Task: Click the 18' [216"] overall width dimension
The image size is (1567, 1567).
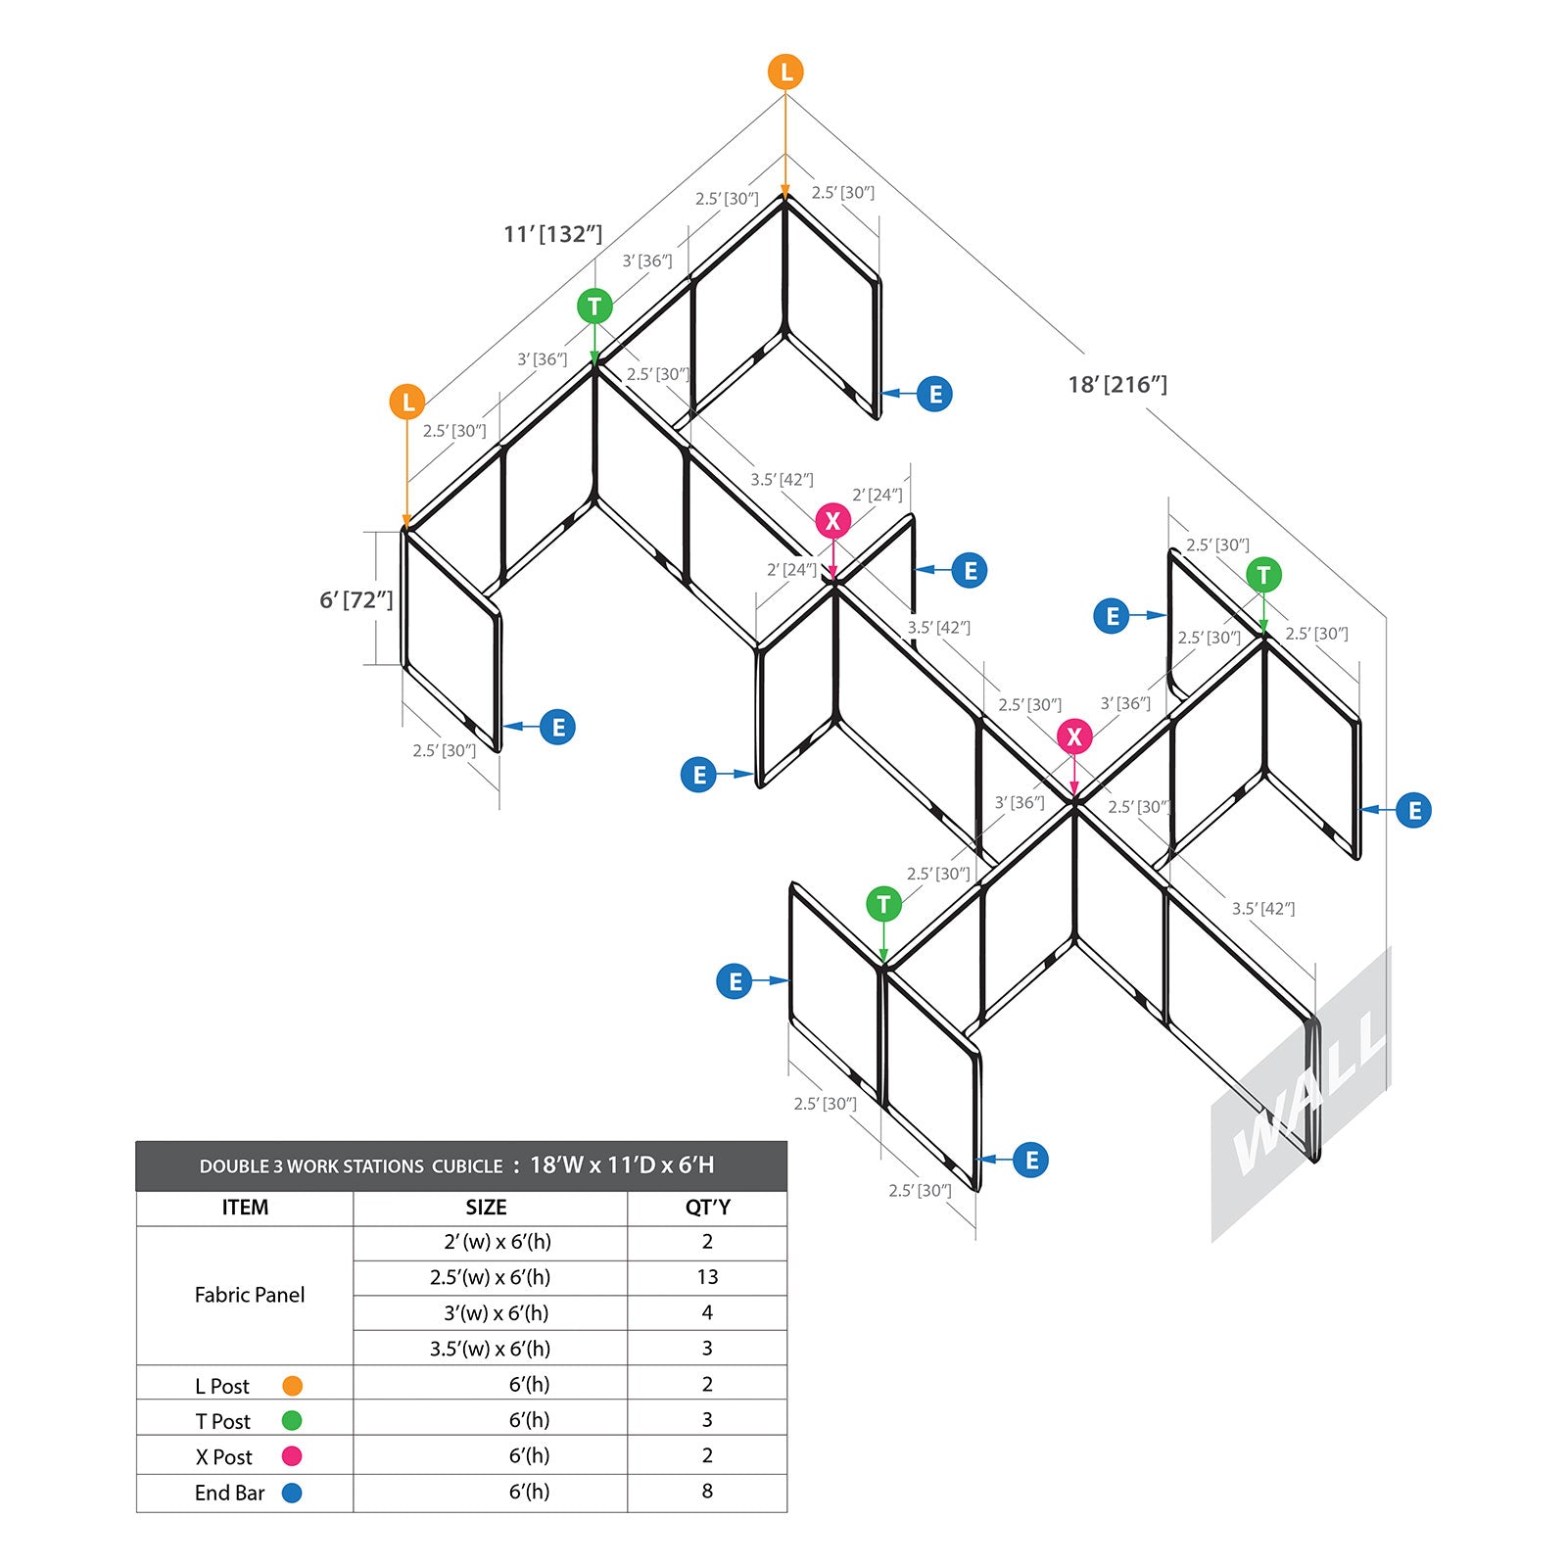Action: [1117, 385]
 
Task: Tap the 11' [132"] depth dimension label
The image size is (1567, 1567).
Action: [552, 234]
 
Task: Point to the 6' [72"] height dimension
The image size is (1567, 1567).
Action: [356, 599]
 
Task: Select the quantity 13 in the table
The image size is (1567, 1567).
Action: [707, 1277]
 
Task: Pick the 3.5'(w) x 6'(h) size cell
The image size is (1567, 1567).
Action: [490, 1349]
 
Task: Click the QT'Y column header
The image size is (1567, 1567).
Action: [707, 1208]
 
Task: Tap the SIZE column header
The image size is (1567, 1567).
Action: [487, 1208]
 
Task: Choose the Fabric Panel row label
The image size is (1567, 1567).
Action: [250, 1295]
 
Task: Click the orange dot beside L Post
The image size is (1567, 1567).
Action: [292, 1386]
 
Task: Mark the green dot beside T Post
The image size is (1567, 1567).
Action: [292, 1421]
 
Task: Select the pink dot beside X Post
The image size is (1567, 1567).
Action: [292, 1456]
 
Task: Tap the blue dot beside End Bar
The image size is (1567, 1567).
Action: [292, 1493]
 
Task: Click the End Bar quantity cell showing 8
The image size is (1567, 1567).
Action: [707, 1492]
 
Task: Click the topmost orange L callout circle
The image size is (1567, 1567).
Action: [785, 71]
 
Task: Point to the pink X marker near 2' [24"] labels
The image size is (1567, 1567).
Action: [833, 520]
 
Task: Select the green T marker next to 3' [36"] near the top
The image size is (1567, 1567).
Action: [594, 307]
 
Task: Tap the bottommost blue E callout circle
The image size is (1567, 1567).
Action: [1031, 1160]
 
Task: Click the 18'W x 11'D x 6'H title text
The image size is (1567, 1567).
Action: [622, 1165]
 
